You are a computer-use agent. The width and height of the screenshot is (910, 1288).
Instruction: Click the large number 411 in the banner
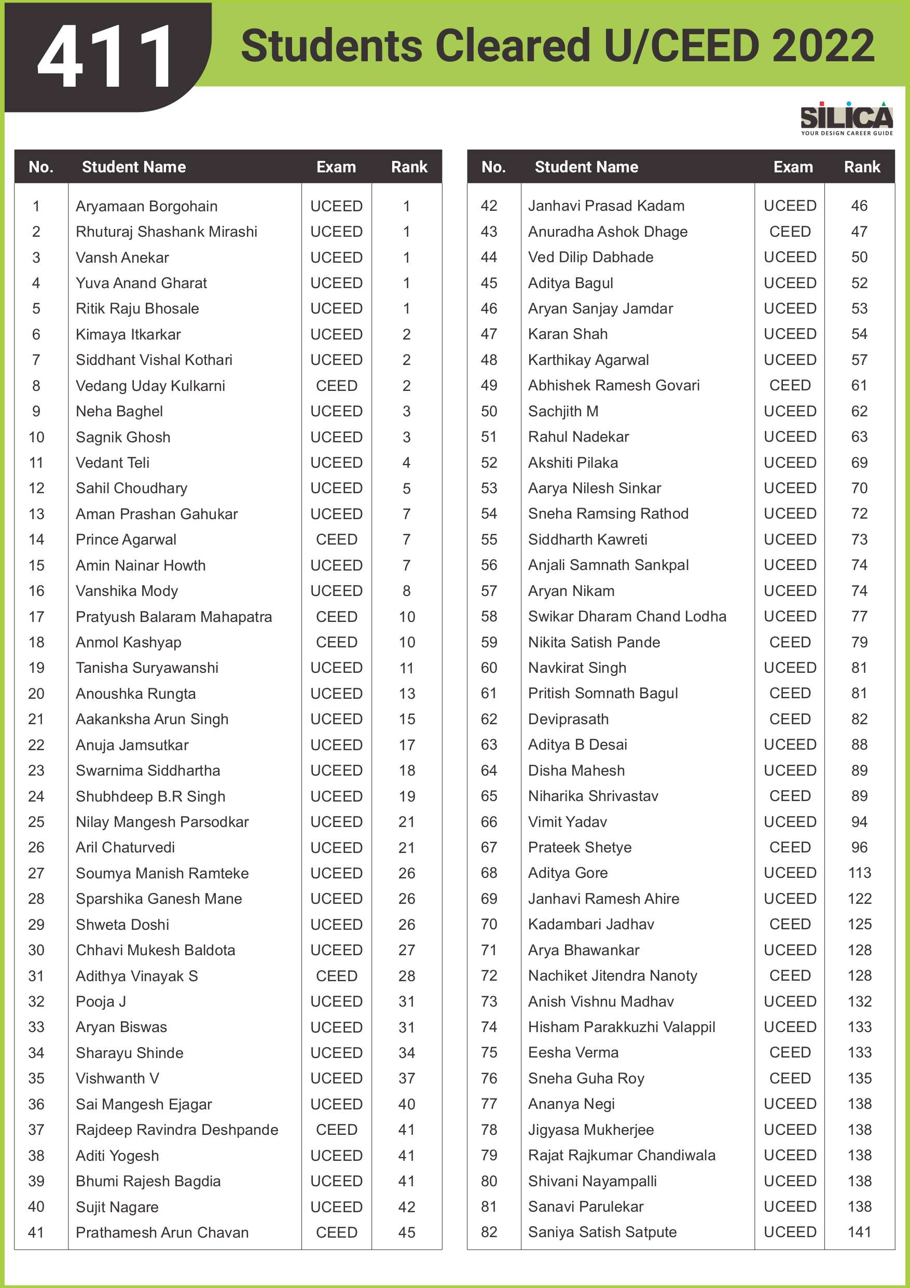[x=106, y=56]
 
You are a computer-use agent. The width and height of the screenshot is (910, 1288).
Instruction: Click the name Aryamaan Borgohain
[x=146, y=207]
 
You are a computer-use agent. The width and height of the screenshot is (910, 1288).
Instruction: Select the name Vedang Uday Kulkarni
[x=150, y=386]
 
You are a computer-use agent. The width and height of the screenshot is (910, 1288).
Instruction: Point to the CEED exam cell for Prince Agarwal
[x=336, y=540]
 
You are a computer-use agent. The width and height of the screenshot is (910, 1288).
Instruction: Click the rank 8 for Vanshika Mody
[x=407, y=591]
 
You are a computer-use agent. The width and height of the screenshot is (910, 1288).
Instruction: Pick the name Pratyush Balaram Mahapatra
[x=174, y=617]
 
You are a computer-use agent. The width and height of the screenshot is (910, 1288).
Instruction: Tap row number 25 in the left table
[x=36, y=822]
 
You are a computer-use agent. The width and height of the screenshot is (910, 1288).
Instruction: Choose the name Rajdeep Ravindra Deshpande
[x=176, y=1130]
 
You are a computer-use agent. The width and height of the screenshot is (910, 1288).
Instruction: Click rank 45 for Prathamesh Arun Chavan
[x=407, y=1232]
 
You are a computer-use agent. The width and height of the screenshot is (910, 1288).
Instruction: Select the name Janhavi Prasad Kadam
[x=606, y=206]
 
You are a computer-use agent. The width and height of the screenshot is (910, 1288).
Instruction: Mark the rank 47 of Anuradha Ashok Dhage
[x=859, y=232]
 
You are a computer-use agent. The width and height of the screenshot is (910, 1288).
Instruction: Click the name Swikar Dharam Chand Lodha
[x=627, y=617]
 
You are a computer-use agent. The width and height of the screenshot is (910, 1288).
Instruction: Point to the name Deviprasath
[x=568, y=719]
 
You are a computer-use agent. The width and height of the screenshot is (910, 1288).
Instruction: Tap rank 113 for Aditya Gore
[x=860, y=873]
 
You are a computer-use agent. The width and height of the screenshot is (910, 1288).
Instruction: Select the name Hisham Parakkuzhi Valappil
[x=621, y=1027]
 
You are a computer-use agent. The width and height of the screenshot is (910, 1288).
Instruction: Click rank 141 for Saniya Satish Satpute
[x=860, y=1232]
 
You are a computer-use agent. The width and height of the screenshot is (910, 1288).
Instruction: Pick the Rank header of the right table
[x=862, y=167]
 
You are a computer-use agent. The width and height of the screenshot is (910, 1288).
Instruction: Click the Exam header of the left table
[x=336, y=167]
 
